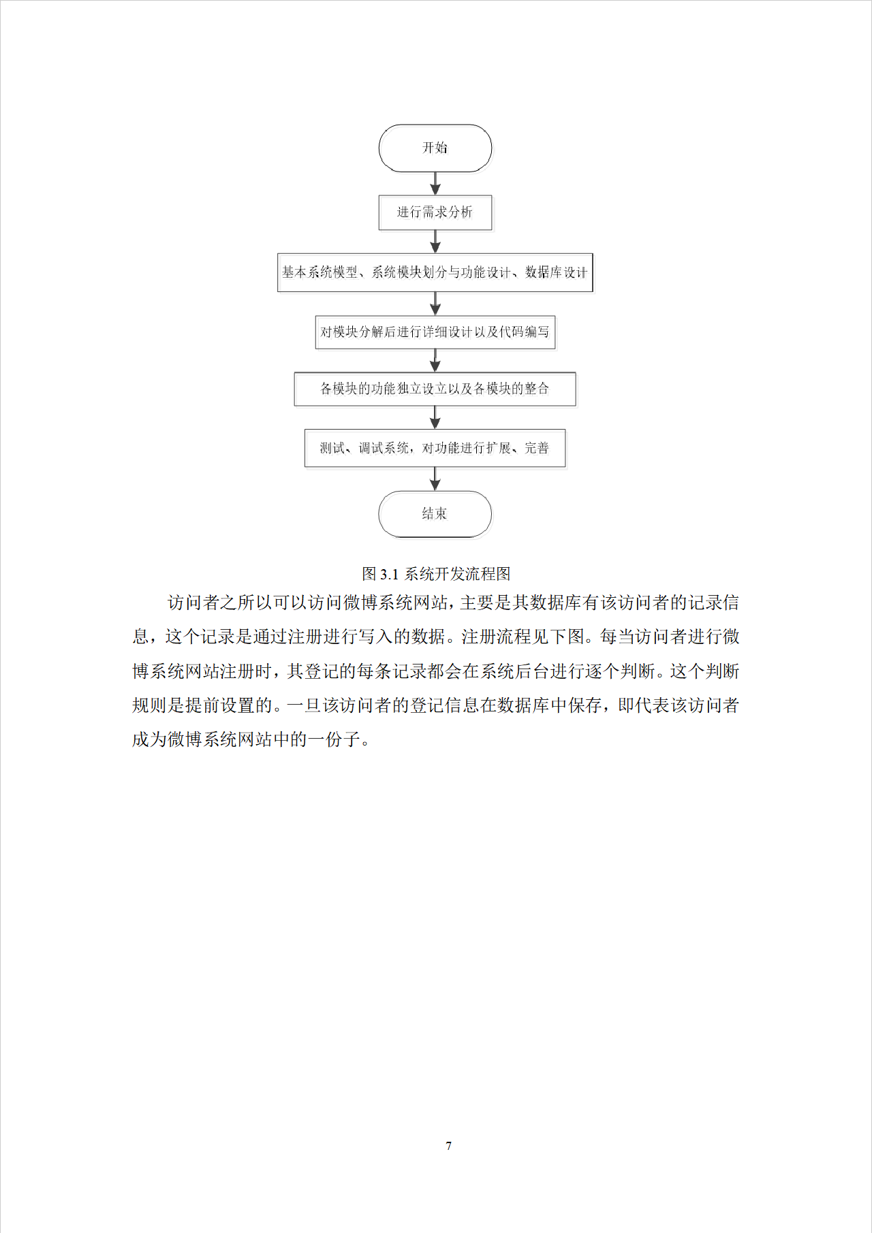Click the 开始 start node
pos(435,148)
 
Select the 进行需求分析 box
pos(435,212)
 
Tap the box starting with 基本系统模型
pos(435,272)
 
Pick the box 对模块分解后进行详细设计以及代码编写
pos(435,332)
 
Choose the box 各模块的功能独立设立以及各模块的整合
pos(435,389)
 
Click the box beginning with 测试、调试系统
pos(435,448)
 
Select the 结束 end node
pos(435,514)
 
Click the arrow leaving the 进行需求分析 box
pos(435,242)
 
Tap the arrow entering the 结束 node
pos(435,479)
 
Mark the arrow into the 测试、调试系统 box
pos(435,417)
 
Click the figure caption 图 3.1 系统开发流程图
pos(436,574)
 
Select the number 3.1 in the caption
pos(389,575)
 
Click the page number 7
pos(449,1146)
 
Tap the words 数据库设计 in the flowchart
pos(556,272)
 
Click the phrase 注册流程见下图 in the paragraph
pos(523,637)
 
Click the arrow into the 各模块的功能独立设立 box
pos(435,361)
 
